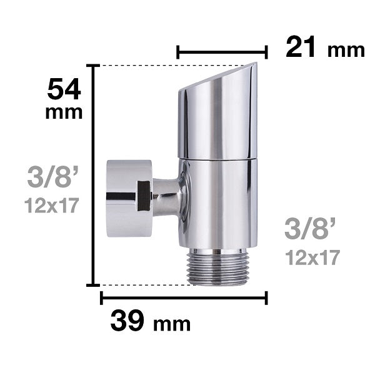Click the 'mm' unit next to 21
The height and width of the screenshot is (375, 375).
coord(346,50)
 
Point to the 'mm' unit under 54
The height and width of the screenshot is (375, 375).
coord(64,113)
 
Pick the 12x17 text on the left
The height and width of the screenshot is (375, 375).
coord(52,205)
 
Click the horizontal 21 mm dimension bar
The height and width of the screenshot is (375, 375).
coord(222,52)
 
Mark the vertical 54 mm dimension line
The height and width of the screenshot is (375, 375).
coord(94,175)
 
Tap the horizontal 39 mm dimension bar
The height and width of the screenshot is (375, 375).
coord(184,298)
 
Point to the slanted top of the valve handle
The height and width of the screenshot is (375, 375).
coord(219,77)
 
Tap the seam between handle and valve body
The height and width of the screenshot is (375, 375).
coord(217,158)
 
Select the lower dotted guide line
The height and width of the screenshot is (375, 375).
coord(144,285)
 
